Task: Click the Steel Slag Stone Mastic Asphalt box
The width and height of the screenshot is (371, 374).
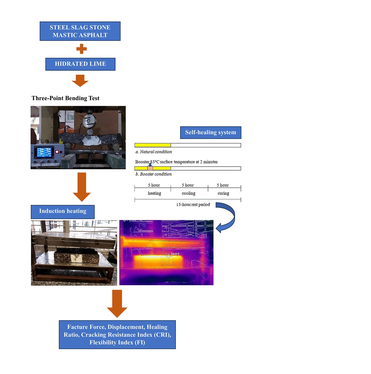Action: click(x=80, y=31)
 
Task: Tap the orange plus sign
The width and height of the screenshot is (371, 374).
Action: click(x=81, y=49)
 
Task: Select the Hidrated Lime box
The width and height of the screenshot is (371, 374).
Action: click(x=80, y=64)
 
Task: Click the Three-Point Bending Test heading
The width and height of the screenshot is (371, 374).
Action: click(x=65, y=98)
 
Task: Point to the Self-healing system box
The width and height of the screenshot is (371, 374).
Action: click(x=210, y=133)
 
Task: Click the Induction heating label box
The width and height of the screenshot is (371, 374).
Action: click(x=63, y=211)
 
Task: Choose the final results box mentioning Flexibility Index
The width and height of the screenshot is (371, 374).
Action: click(x=117, y=335)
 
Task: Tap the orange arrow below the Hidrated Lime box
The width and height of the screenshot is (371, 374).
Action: click(x=80, y=81)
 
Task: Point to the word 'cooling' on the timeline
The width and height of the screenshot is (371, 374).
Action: click(x=188, y=193)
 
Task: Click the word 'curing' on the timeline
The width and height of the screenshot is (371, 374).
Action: click(x=223, y=193)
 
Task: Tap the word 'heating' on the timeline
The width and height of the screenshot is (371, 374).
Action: click(x=154, y=193)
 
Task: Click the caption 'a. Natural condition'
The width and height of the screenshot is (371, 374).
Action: click(x=153, y=152)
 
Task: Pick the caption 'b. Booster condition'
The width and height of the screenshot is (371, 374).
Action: click(x=153, y=174)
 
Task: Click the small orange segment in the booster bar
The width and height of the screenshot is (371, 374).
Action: click(x=150, y=168)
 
